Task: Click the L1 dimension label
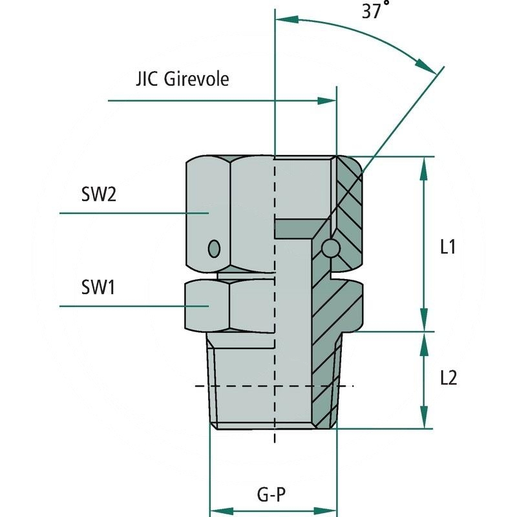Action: (448, 246)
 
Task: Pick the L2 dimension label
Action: (448, 378)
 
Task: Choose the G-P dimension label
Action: (271, 496)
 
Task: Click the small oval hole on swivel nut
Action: (214, 248)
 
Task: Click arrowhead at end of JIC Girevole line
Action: (327, 101)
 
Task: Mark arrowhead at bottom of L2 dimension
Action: (424, 419)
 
